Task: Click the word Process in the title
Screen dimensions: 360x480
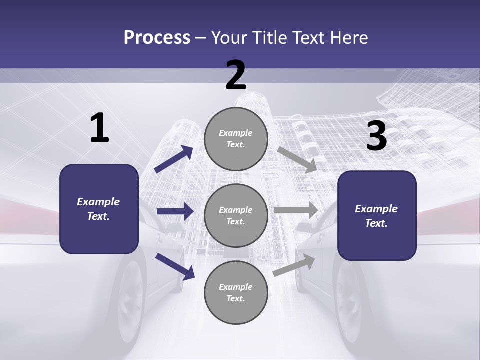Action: point(157,38)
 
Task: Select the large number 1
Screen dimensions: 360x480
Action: point(99,128)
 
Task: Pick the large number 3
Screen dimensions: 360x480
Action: point(376,136)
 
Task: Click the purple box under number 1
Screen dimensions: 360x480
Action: point(99,209)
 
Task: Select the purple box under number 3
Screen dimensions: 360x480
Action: point(377,216)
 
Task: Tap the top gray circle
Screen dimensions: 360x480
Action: point(236,139)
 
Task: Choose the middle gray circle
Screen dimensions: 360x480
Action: point(236,215)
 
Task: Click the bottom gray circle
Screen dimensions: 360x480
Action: point(236,292)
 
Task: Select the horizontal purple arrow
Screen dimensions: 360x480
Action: point(175,211)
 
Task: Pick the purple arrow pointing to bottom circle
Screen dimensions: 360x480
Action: point(175,266)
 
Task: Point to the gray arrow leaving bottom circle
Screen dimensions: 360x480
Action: point(294,265)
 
